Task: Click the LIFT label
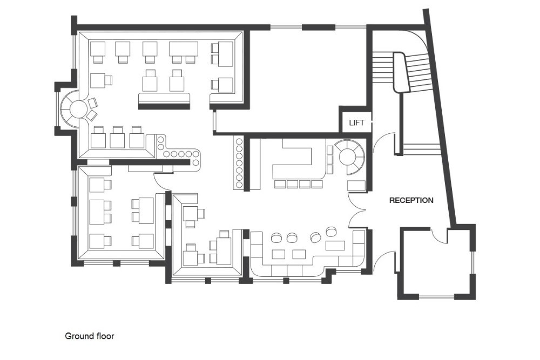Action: point(356,123)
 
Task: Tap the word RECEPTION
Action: point(411,200)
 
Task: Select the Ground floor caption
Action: point(90,336)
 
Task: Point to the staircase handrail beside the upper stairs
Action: point(399,72)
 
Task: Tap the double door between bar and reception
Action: point(358,210)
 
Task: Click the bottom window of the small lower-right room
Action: point(437,296)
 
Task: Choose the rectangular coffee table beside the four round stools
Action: point(335,246)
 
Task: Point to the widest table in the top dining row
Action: point(184,49)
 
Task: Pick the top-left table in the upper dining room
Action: point(97,49)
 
